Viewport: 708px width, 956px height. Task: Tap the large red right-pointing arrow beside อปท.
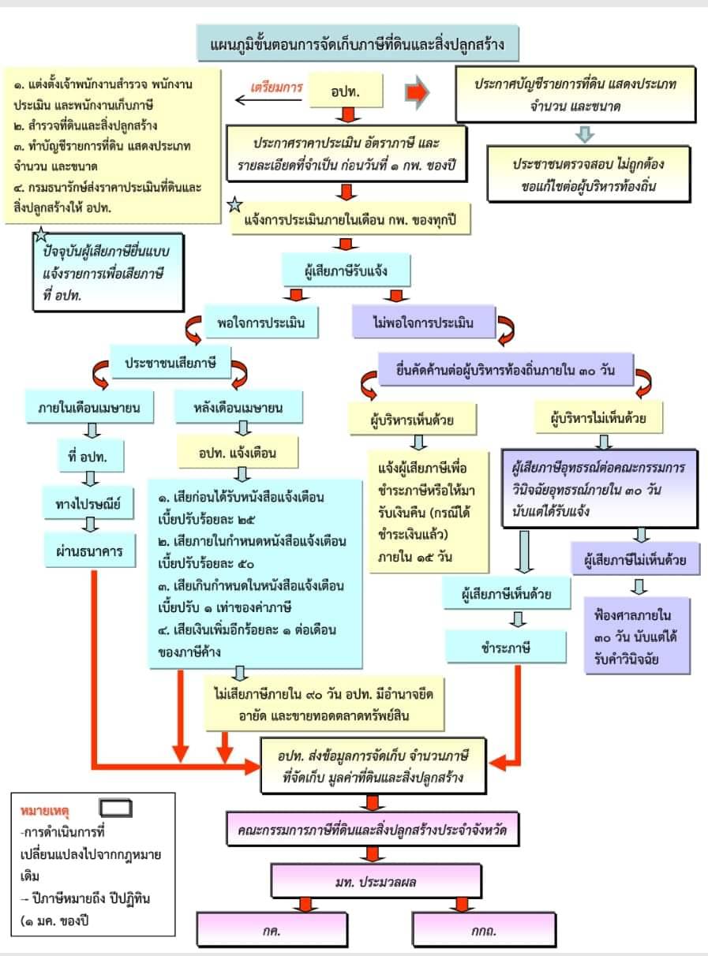416,91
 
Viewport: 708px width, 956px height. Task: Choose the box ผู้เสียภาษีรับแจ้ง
347,271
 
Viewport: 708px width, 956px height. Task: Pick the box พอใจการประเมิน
261,322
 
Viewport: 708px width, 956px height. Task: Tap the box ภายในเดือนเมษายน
89,408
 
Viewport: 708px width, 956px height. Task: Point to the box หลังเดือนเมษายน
238,408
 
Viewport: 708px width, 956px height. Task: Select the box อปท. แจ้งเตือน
238,453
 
